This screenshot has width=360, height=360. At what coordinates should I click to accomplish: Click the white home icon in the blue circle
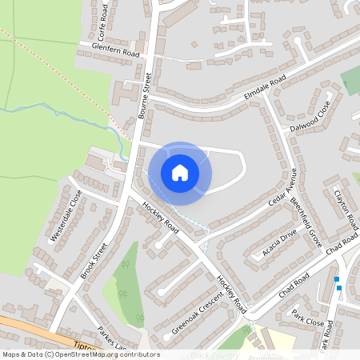pyautogui.click(x=180, y=172)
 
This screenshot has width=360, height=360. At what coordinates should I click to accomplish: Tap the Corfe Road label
pyautogui.click(x=102, y=22)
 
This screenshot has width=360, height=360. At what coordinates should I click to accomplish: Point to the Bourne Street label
pyautogui.click(x=146, y=95)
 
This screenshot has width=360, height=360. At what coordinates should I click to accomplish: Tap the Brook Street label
pyautogui.click(x=94, y=261)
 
